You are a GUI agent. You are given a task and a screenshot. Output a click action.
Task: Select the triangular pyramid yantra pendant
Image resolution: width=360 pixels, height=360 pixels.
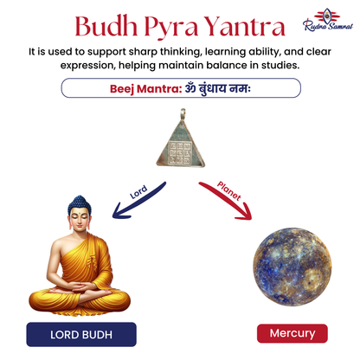[x=181, y=144]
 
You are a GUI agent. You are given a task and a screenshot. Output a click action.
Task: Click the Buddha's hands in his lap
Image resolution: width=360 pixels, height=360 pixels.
[x=80, y=292]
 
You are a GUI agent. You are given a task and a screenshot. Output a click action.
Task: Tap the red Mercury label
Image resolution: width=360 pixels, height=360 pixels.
[x=280, y=333]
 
